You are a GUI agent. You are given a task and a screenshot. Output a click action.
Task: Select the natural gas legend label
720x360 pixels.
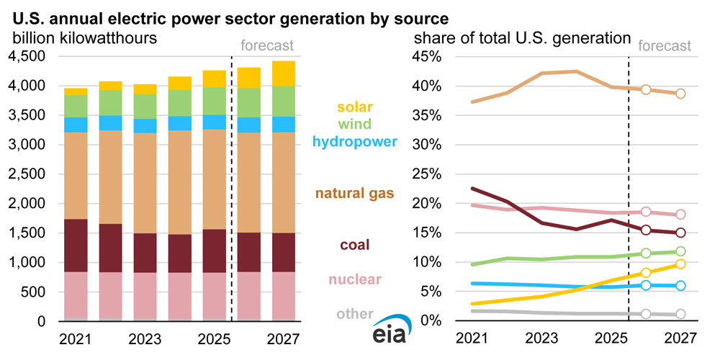[358, 193]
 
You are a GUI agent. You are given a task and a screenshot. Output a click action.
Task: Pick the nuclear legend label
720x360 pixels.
[356, 279]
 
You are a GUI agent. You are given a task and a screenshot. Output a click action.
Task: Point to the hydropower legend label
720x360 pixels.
[354, 141]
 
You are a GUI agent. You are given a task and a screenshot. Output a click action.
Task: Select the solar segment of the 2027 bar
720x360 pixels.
[288, 73]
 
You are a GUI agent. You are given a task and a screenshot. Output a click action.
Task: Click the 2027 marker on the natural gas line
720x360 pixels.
[680, 94]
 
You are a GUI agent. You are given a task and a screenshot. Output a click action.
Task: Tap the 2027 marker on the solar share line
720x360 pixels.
[680, 264]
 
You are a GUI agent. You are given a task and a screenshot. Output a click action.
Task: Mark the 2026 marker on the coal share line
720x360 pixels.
[646, 230]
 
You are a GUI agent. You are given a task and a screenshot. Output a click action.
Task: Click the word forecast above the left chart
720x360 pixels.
[266, 45]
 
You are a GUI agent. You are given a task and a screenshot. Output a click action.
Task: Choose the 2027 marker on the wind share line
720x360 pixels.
[680, 251]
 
